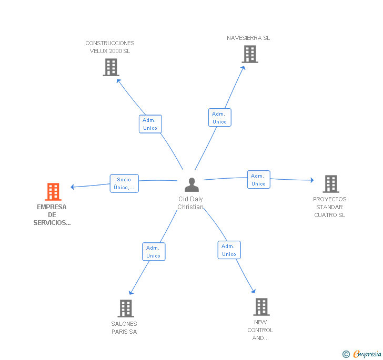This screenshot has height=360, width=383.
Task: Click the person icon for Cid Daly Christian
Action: (x=191, y=184)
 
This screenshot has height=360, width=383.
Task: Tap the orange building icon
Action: (x=53, y=192)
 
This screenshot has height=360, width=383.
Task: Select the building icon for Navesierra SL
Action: (x=250, y=54)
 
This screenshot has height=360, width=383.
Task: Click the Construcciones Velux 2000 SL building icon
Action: (x=111, y=67)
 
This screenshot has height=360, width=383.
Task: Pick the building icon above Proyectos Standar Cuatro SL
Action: (x=331, y=184)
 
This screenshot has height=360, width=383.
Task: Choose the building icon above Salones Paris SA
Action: (x=126, y=308)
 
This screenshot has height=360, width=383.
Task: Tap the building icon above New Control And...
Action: (x=261, y=307)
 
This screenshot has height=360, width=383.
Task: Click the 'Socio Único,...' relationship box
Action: (x=124, y=183)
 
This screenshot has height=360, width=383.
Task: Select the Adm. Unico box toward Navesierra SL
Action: (x=219, y=118)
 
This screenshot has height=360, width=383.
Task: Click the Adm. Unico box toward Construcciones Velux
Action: (x=150, y=124)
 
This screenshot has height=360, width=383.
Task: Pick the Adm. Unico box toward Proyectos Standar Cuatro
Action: (x=259, y=180)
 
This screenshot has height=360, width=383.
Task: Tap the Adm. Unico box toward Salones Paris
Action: (x=154, y=252)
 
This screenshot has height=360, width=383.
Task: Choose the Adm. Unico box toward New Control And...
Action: (x=229, y=250)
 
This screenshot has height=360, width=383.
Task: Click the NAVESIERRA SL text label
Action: (x=248, y=38)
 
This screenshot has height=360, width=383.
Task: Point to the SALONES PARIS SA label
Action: (x=124, y=328)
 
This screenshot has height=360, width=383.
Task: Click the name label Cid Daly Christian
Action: (x=190, y=203)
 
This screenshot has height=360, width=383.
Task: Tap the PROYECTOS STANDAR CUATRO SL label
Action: (x=330, y=207)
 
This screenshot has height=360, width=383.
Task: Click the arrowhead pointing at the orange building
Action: (x=72, y=187)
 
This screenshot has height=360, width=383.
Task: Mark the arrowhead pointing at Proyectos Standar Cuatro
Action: (x=312, y=180)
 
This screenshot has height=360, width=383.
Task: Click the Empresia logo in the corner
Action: (x=362, y=354)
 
